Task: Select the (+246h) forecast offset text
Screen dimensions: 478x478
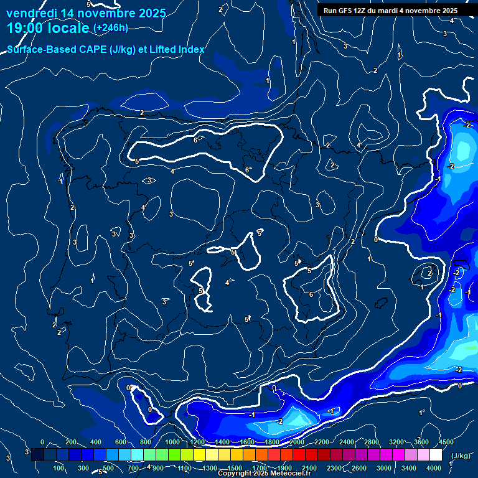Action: click(x=111, y=27)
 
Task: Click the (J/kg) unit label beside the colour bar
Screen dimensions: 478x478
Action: click(x=460, y=456)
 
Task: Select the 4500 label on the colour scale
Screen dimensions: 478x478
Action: click(x=446, y=442)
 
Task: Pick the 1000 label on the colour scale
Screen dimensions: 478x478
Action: click(x=172, y=442)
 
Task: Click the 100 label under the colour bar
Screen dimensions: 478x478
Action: click(x=60, y=468)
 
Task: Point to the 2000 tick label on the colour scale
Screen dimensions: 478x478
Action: click(x=297, y=442)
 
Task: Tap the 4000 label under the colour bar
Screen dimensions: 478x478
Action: click(x=434, y=468)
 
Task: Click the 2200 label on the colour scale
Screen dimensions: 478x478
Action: click(x=322, y=442)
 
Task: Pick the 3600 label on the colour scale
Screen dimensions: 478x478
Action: click(x=421, y=442)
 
